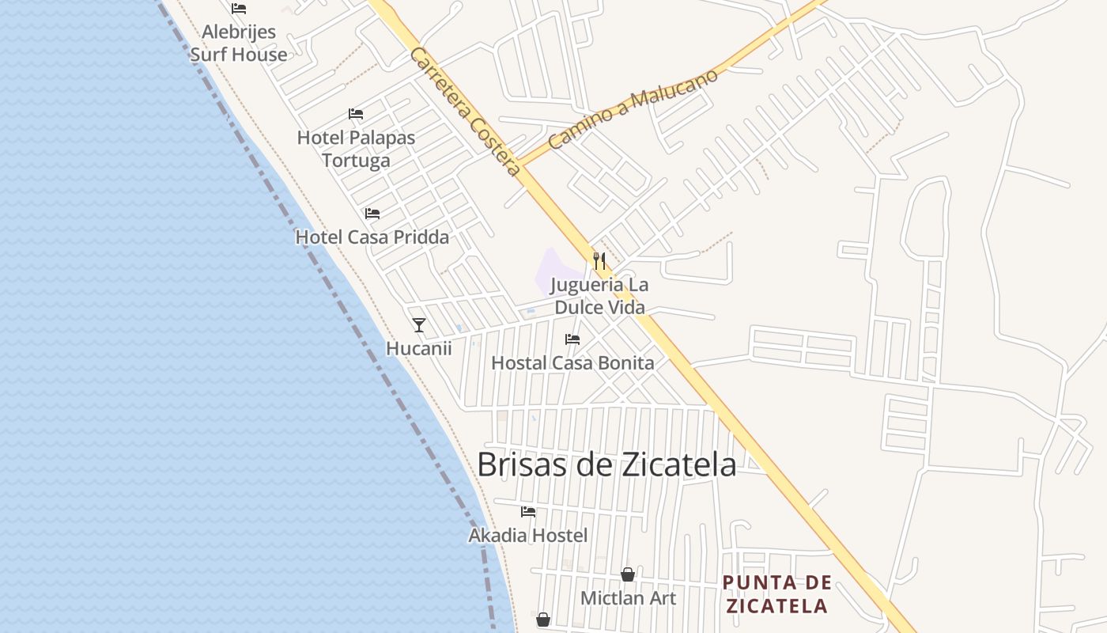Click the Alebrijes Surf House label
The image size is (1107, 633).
click(239, 44)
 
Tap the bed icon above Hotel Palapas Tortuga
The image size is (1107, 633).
click(356, 114)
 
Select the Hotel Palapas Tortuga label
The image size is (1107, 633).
click(356, 149)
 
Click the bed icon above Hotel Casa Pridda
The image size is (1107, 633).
click(372, 214)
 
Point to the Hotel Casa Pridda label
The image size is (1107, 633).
click(372, 237)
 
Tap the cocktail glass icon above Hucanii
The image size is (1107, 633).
click(419, 324)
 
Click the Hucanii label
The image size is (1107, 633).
click(419, 348)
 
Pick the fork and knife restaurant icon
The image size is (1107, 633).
click(599, 260)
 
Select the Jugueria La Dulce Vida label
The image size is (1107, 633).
click(599, 296)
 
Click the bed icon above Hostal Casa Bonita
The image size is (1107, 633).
click(572, 339)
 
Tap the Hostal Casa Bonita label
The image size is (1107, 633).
click(572, 363)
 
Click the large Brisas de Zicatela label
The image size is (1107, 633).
click(606, 464)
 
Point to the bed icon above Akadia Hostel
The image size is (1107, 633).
click(528, 512)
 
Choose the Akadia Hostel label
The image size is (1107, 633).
click(528, 536)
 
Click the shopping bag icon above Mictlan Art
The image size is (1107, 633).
click(628, 574)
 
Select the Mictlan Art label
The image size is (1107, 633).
click(628, 598)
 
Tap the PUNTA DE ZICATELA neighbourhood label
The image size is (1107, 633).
click(777, 595)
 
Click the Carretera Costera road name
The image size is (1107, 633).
click(466, 112)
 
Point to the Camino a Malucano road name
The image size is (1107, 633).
click(633, 108)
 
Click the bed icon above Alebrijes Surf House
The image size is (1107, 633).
click(239, 9)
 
